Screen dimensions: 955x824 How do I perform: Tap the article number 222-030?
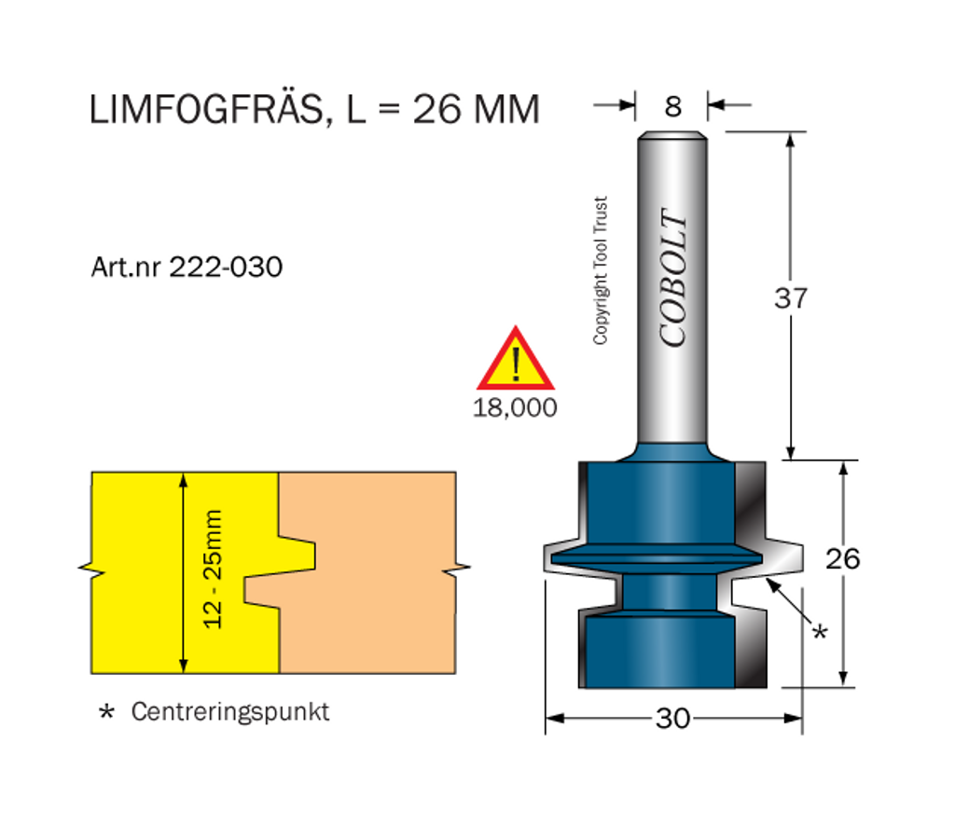tap(226, 267)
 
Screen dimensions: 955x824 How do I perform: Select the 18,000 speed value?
tap(515, 407)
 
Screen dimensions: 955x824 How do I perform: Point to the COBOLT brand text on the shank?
tap(673, 278)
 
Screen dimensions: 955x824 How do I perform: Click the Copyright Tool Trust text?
tap(601, 270)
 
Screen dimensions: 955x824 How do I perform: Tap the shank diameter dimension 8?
tap(672, 107)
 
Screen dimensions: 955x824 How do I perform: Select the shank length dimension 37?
tap(791, 298)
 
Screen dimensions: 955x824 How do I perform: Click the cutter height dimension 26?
tap(842, 558)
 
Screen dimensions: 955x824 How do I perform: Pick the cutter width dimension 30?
tap(672, 719)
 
